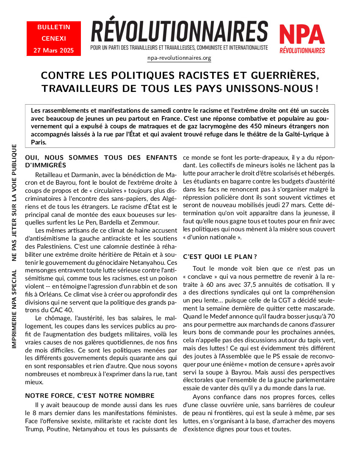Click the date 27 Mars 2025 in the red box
click(x=54, y=50)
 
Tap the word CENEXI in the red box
click(x=54, y=39)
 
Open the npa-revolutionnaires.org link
click(x=179, y=58)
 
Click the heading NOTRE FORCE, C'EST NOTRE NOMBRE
click(x=90, y=396)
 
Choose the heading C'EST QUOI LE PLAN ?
click(x=220, y=257)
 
